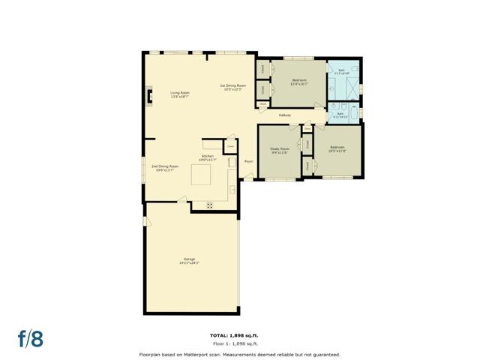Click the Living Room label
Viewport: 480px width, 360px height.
[x=179, y=94]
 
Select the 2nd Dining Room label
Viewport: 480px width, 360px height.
[x=164, y=167]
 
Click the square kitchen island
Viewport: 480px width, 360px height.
[x=202, y=175]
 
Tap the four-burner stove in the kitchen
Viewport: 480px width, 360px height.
[x=209, y=204]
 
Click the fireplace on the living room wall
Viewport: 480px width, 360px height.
[x=147, y=96]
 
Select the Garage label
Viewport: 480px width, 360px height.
[x=189, y=261]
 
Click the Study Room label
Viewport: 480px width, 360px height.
[x=279, y=151]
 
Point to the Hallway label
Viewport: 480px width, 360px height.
[x=285, y=115]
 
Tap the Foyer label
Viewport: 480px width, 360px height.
[x=248, y=161]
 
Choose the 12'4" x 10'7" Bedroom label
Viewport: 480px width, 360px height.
[x=298, y=81]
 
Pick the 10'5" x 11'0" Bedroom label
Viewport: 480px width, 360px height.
[x=337, y=149]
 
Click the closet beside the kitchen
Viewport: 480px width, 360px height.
[x=230, y=145]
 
